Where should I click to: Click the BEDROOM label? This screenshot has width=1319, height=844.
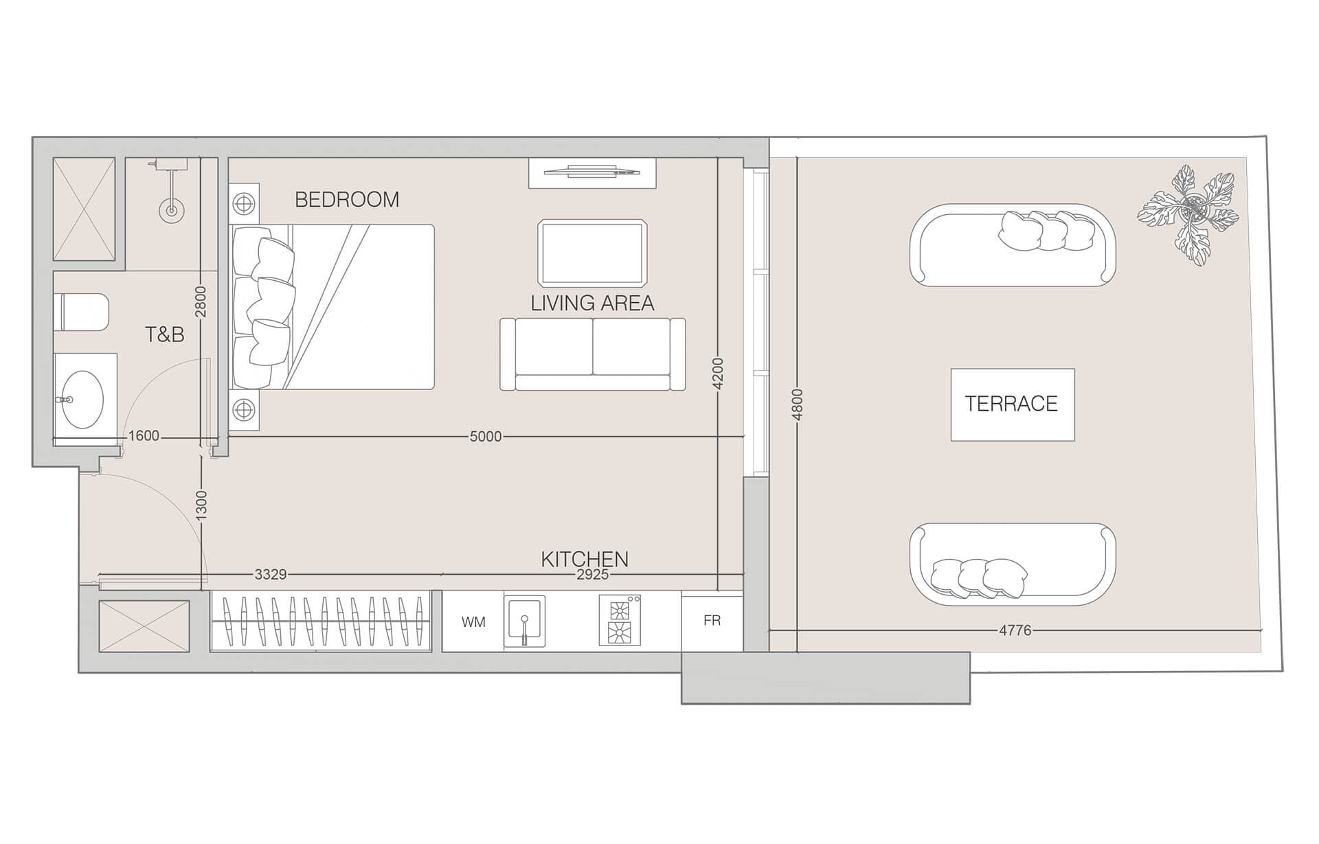point(346,200)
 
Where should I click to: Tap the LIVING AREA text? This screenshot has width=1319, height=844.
point(591,304)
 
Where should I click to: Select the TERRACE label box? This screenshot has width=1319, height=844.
point(1012,404)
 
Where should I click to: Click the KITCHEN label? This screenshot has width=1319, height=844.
point(584,559)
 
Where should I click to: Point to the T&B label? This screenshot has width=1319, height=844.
point(165,335)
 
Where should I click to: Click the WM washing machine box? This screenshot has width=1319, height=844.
point(473,622)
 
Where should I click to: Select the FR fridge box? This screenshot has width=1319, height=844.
point(712,621)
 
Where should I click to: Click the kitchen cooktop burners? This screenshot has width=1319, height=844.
point(620,621)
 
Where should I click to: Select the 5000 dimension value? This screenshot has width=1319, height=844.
point(485,437)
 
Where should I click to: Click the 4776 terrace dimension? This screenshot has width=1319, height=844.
point(1015,630)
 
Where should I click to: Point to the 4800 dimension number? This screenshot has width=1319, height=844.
point(797,404)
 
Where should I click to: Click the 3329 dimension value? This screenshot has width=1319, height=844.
point(270,575)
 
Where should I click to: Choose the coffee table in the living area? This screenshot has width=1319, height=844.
point(592,253)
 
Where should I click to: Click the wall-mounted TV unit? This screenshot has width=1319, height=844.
point(591,172)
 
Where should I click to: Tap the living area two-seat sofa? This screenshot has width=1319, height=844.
point(592,354)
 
